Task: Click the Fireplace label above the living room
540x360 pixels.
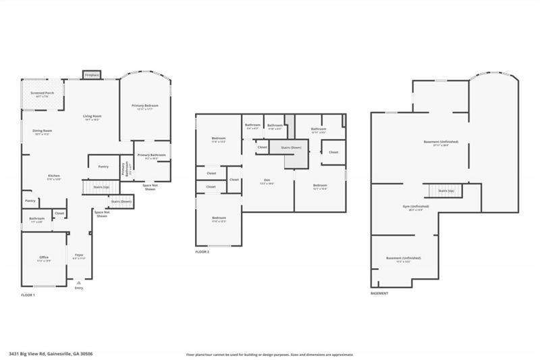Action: tap(92, 74)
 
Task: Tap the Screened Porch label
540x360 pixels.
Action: tap(43, 93)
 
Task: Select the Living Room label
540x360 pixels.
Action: tap(92, 116)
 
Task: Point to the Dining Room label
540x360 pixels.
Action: tap(43, 130)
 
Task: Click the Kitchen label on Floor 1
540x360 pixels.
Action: tap(54, 176)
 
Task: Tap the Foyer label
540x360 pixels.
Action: tap(79, 255)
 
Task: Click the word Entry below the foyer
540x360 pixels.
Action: tap(79, 288)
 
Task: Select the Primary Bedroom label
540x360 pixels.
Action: tap(145, 105)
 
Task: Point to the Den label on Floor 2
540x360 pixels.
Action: tap(267, 180)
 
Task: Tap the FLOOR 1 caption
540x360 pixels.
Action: tap(28, 295)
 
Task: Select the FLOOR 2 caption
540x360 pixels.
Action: tap(202, 251)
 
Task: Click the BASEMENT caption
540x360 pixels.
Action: tap(379, 293)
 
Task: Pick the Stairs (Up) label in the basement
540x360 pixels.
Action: tap(446, 191)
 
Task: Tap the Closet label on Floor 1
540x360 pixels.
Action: tap(59, 213)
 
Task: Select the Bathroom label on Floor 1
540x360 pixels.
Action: tap(36, 218)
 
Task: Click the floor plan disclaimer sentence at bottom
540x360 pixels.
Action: tap(269, 354)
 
